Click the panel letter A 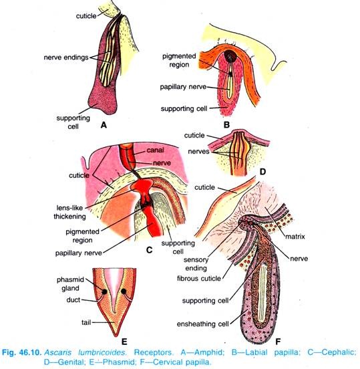pyautogui.click(x=104, y=125)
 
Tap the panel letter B pyautogui.click(x=226, y=125)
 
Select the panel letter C pyautogui.click(x=150, y=249)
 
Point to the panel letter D pyautogui.click(x=262, y=172)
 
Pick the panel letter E pyautogui.click(x=124, y=342)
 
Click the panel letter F pyautogui.click(x=278, y=342)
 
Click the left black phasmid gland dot pyautogui.click(x=104, y=292)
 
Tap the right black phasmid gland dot pyautogui.click(x=124, y=291)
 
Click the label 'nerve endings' pyautogui.click(x=66, y=57)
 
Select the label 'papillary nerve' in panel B pyautogui.click(x=183, y=87)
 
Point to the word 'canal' pyautogui.click(x=155, y=150)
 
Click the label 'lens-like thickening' pyautogui.click(x=69, y=212)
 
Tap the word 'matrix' pyautogui.click(x=295, y=237)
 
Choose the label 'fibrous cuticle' pyautogui.click(x=199, y=279)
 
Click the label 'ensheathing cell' pyautogui.click(x=202, y=324)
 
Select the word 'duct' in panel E pyautogui.click(x=73, y=299)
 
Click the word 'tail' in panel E pyautogui.click(x=86, y=322)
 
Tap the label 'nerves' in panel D pyautogui.click(x=198, y=152)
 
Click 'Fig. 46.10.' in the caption pyautogui.click(x=22, y=352)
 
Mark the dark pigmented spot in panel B pyautogui.click(x=230, y=56)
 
